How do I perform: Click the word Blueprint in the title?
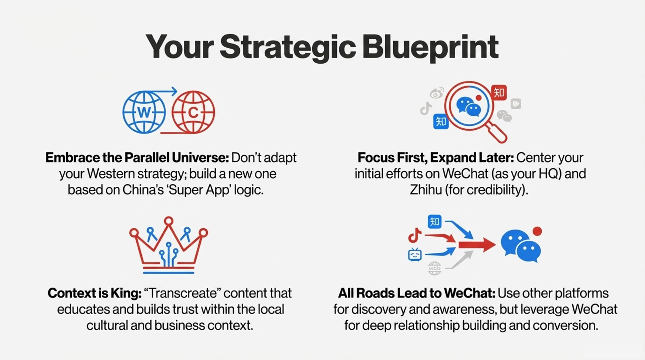[430, 47]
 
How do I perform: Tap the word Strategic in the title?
[288, 47]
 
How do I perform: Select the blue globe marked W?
[144, 112]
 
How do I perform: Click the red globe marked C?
[193, 112]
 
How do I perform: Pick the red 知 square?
[499, 93]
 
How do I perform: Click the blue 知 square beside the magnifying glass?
[441, 122]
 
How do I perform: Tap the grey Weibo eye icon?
[437, 93]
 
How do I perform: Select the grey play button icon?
[516, 104]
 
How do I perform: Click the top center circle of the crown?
[169, 221]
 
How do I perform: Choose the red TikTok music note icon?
[415, 235]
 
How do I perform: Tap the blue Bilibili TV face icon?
[415, 255]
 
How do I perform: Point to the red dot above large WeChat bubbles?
[537, 231]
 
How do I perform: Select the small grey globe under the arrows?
[434, 269]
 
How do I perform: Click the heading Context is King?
[95, 293]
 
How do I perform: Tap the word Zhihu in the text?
[426, 190]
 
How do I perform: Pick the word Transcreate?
[182, 293]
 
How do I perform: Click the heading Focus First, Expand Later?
[436, 158]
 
